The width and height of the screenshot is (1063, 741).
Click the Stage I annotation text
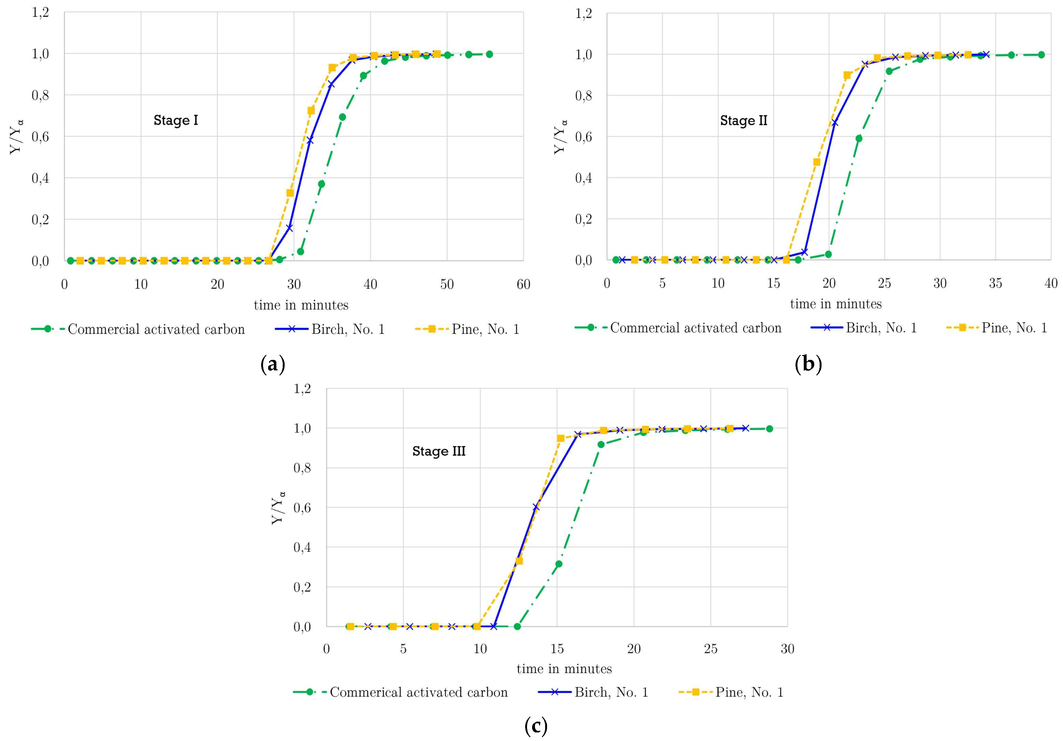[x=175, y=120]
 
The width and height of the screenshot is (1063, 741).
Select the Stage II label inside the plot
[x=743, y=121]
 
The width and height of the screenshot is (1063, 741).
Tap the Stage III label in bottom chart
[x=439, y=451]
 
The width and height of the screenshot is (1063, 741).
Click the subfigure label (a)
[x=273, y=365]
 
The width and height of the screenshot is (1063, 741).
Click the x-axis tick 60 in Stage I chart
[x=523, y=284]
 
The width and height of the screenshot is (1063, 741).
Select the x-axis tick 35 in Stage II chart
[x=995, y=283]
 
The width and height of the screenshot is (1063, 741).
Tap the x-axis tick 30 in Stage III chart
[x=787, y=649]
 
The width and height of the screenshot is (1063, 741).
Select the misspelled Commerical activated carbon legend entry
[x=419, y=692]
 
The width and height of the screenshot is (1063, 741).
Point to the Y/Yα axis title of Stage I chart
[x=17, y=137]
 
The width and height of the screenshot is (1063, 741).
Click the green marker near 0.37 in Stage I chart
[x=321, y=184]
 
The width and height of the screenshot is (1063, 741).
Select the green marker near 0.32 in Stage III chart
[x=559, y=564]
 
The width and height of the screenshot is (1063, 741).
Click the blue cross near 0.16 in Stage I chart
[x=290, y=228]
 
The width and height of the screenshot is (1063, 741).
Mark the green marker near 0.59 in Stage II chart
[x=859, y=138]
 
